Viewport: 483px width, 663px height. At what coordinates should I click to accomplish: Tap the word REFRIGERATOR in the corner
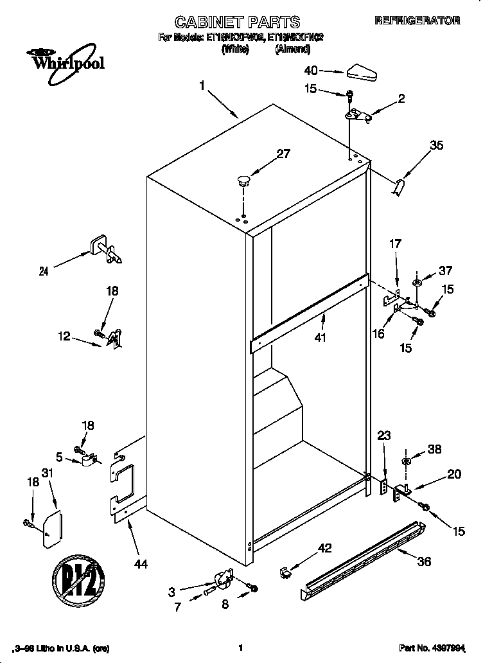(x=417, y=21)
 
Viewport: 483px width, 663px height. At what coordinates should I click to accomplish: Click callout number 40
(x=311, y=70)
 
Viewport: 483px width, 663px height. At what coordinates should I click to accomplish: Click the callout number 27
(x=265, y=154)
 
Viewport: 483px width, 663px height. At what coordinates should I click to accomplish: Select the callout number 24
(x=44, y=272)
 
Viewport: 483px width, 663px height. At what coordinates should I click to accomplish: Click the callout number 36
(x=423, y=561)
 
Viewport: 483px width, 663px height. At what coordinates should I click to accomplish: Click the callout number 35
(x=436, y=145)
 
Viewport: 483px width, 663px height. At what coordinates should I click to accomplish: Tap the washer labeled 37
(x=418, y=282)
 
